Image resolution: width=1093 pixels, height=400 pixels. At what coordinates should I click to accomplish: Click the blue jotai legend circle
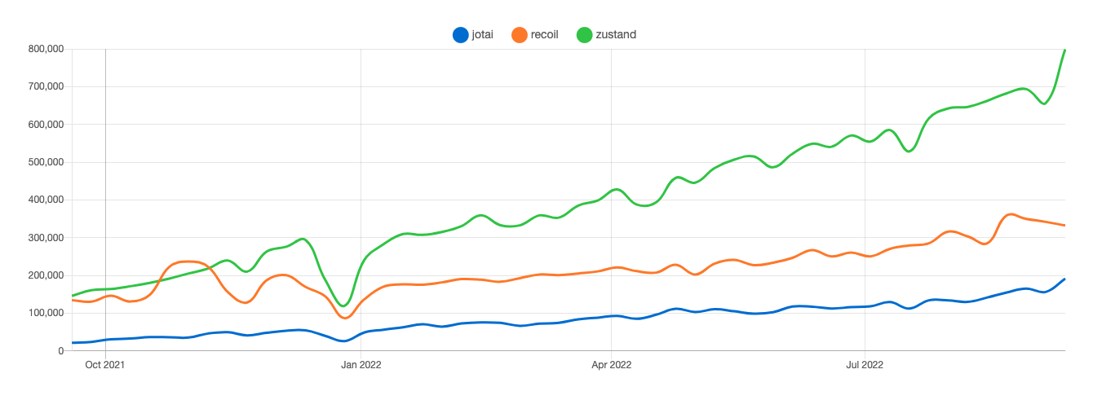[461, 35]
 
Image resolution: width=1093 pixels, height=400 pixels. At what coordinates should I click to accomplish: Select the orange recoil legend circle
[520, 35]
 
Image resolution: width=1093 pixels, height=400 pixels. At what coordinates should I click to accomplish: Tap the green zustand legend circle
[584, 35]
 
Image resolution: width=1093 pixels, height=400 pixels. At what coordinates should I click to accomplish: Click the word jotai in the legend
[482, 35]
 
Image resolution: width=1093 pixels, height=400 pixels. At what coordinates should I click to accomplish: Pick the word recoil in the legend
[544, 35]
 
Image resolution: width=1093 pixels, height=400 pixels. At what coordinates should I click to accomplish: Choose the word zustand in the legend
[616, 35]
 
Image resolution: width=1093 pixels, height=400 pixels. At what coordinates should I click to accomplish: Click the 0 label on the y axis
[61, 351]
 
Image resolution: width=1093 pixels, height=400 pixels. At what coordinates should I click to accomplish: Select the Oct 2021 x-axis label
[105, 364]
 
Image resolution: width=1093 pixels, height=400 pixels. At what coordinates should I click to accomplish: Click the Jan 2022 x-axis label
[361, 364]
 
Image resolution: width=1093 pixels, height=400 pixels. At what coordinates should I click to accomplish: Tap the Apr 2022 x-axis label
[611, 364]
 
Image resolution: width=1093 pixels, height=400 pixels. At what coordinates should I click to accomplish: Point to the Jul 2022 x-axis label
[864, 364]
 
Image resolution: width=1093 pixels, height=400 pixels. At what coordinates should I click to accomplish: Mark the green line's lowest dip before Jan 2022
[343, 306]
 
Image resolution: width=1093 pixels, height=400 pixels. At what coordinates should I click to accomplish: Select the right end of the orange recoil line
[1064, 225]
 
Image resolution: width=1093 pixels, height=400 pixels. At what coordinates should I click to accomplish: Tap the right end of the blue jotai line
[1064, 279]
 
